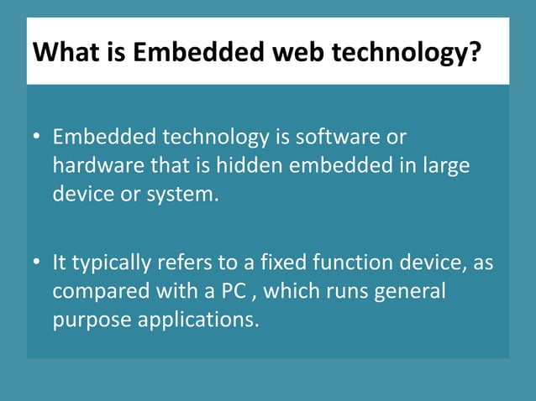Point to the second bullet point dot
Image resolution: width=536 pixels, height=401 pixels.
click(38, 264)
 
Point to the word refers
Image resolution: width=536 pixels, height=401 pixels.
click(187, 264)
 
